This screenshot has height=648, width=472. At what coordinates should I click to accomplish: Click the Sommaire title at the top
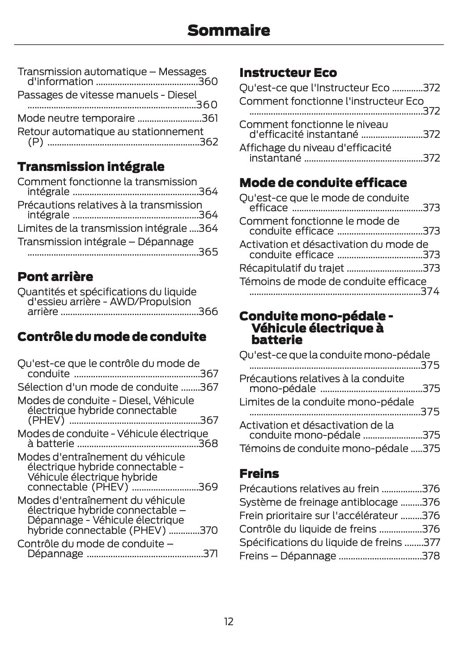[229, 31]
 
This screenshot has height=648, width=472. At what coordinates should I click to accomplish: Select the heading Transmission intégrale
[91, 167]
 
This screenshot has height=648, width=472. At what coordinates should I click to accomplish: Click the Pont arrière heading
[55, 277]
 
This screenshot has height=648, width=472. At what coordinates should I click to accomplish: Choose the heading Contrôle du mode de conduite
[112, 337]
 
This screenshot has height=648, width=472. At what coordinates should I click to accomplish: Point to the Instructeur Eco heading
[288, 72]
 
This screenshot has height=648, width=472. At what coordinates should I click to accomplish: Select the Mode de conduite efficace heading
[323, 183]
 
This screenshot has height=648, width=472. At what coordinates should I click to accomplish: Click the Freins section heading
[259, 473]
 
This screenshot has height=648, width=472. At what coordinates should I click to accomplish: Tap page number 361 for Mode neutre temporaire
[210, 119]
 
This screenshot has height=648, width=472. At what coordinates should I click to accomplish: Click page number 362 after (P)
[208, 142]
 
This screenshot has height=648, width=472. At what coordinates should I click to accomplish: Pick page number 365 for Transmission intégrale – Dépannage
[208, 252]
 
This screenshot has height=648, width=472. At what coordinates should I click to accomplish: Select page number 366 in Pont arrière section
[208, 311]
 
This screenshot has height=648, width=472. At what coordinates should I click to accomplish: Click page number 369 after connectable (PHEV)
[208, 487]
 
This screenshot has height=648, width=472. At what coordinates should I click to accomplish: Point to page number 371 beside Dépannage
[210, 554]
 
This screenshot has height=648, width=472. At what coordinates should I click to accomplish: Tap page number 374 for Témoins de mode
[430, 292]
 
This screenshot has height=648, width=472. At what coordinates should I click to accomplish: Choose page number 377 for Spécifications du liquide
[431, 542]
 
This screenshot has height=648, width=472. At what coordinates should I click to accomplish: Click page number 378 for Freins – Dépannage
[431, 556]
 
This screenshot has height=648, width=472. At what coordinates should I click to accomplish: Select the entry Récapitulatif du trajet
[292, 268]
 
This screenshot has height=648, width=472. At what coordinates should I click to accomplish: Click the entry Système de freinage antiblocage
[319, 502]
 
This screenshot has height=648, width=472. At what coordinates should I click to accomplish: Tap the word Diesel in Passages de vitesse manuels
[182, 95]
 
